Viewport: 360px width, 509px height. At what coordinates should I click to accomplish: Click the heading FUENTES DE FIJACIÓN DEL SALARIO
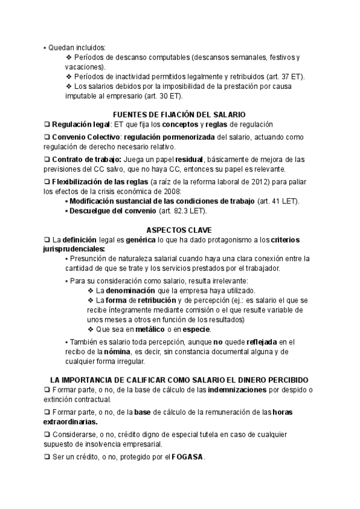tap(179, 114)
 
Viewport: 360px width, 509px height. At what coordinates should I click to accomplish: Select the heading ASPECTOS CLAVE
tap(179, 230)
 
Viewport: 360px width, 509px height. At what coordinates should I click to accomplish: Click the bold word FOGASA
tap(187, 456)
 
